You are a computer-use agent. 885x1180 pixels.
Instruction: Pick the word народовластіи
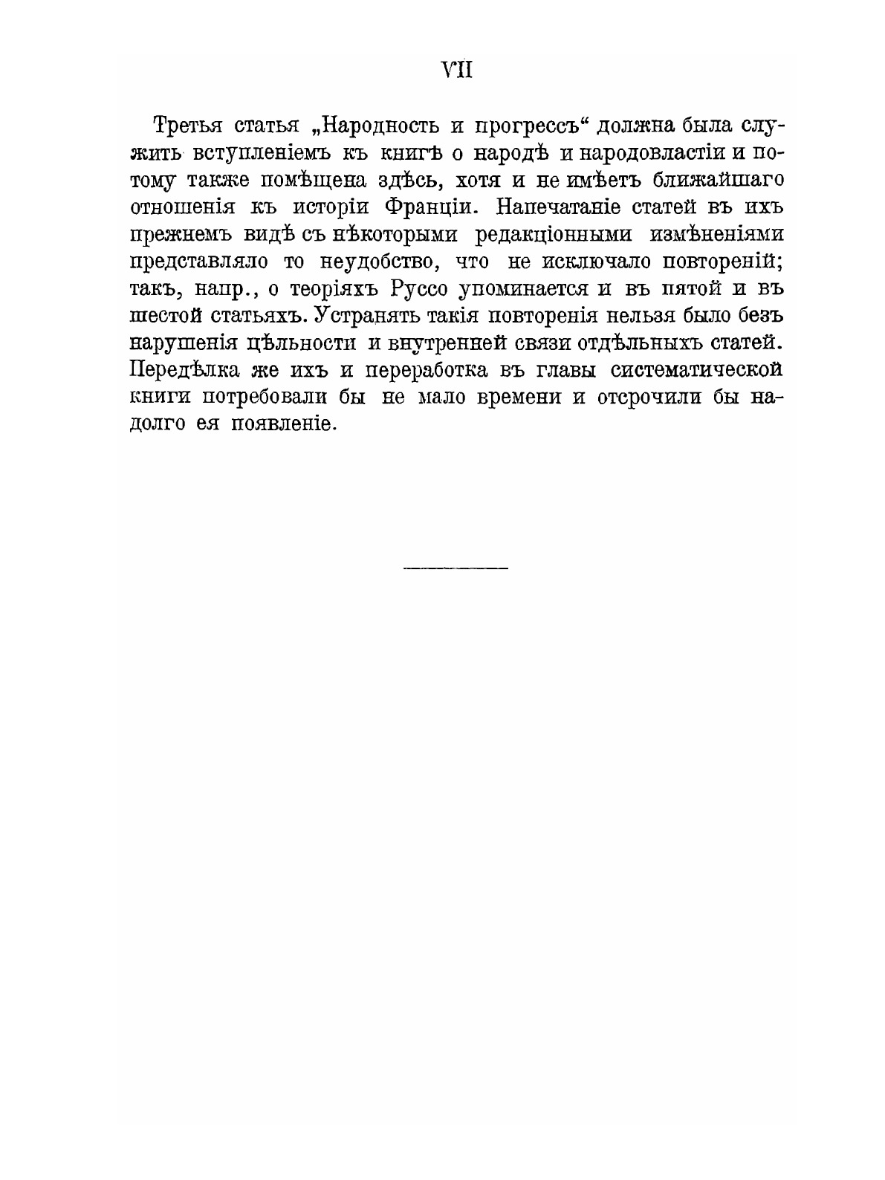646,153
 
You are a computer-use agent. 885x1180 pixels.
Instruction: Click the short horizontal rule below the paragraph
456,568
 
